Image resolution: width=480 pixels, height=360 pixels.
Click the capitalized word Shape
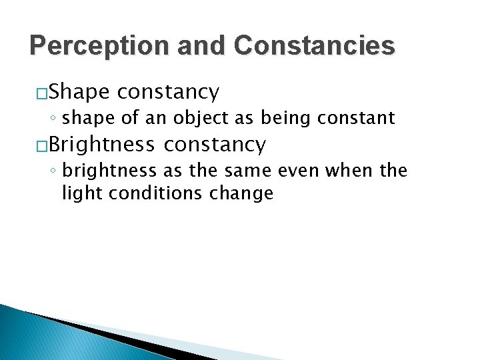79,92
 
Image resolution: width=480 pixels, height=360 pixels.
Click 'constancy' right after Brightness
215,143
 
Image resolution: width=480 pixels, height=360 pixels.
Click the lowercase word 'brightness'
107,171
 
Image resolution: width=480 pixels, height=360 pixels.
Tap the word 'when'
343,171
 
